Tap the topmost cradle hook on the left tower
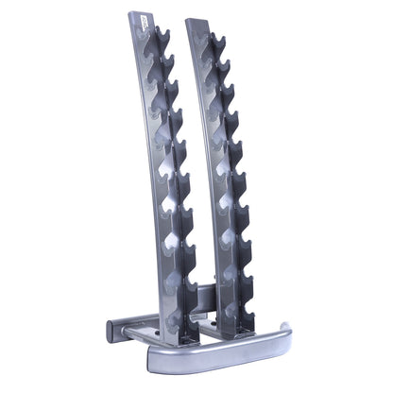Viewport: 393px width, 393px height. click(162, 39)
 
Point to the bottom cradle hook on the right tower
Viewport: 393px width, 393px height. click(248, 287)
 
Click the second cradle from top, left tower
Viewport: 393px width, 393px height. click(167, 66)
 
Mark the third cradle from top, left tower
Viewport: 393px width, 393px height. click(171, 93)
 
